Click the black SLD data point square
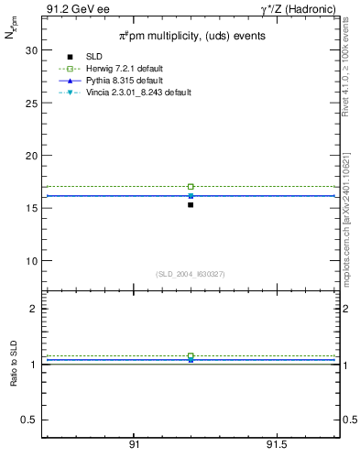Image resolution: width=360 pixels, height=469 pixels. pyautogui.click(x=191, y=204)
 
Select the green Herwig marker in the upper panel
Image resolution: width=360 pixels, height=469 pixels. pyautogui.click(x=191, y=186)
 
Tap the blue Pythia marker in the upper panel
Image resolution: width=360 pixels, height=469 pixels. pyautogui.click(x=191, y=195)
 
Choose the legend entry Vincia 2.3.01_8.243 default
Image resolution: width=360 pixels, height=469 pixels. pyautogui.click(x=140, y=93)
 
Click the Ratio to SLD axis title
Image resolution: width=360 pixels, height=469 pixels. pyautogui.click(x=14, y=365)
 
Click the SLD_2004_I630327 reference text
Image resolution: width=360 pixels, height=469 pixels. pyautogui.click(x=191, y=274)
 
